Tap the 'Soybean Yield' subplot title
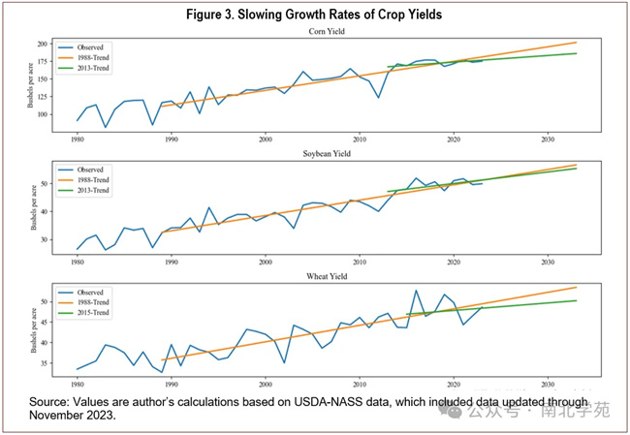(314, 152)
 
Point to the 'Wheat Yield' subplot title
(314, 274)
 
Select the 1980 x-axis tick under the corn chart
(78, 140)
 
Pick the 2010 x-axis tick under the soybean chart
(360, 262)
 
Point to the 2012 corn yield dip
(378, 97)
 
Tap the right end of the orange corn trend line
(577, 43)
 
